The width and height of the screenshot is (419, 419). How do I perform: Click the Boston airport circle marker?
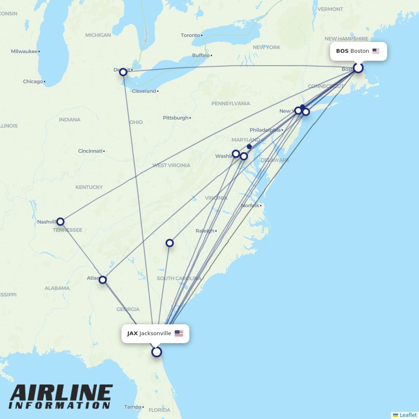coord(358,68)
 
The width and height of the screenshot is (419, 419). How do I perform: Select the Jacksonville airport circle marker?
coord(157,352)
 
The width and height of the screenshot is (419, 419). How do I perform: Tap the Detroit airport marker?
coord(123,72)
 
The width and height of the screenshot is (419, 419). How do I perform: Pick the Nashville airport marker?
coord(60,221)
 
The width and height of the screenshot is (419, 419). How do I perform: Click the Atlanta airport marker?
coord(103,279)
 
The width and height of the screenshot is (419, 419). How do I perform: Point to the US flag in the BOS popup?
coord(376,51)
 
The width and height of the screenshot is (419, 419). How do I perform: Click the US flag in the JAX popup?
coord(179,334)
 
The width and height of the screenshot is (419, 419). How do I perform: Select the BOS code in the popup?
coord(342,51)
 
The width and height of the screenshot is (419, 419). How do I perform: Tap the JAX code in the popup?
coord(132,334)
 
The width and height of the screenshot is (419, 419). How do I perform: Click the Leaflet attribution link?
coord(408,415)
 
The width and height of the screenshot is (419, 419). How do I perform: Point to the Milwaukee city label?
coord(24,52)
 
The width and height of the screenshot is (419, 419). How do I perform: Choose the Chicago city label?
coord(33,81)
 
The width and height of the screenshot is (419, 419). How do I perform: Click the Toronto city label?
coord(191,35)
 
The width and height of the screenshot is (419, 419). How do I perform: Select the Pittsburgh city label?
coord(176,118)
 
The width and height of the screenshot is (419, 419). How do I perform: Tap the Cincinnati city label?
coord(90,151)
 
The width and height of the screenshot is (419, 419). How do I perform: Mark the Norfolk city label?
coord(250,205)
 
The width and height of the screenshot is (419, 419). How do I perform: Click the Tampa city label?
coord(133,407)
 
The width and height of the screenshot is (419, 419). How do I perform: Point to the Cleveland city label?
coord(144,91)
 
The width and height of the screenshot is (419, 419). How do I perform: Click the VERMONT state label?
coord(330,9)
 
